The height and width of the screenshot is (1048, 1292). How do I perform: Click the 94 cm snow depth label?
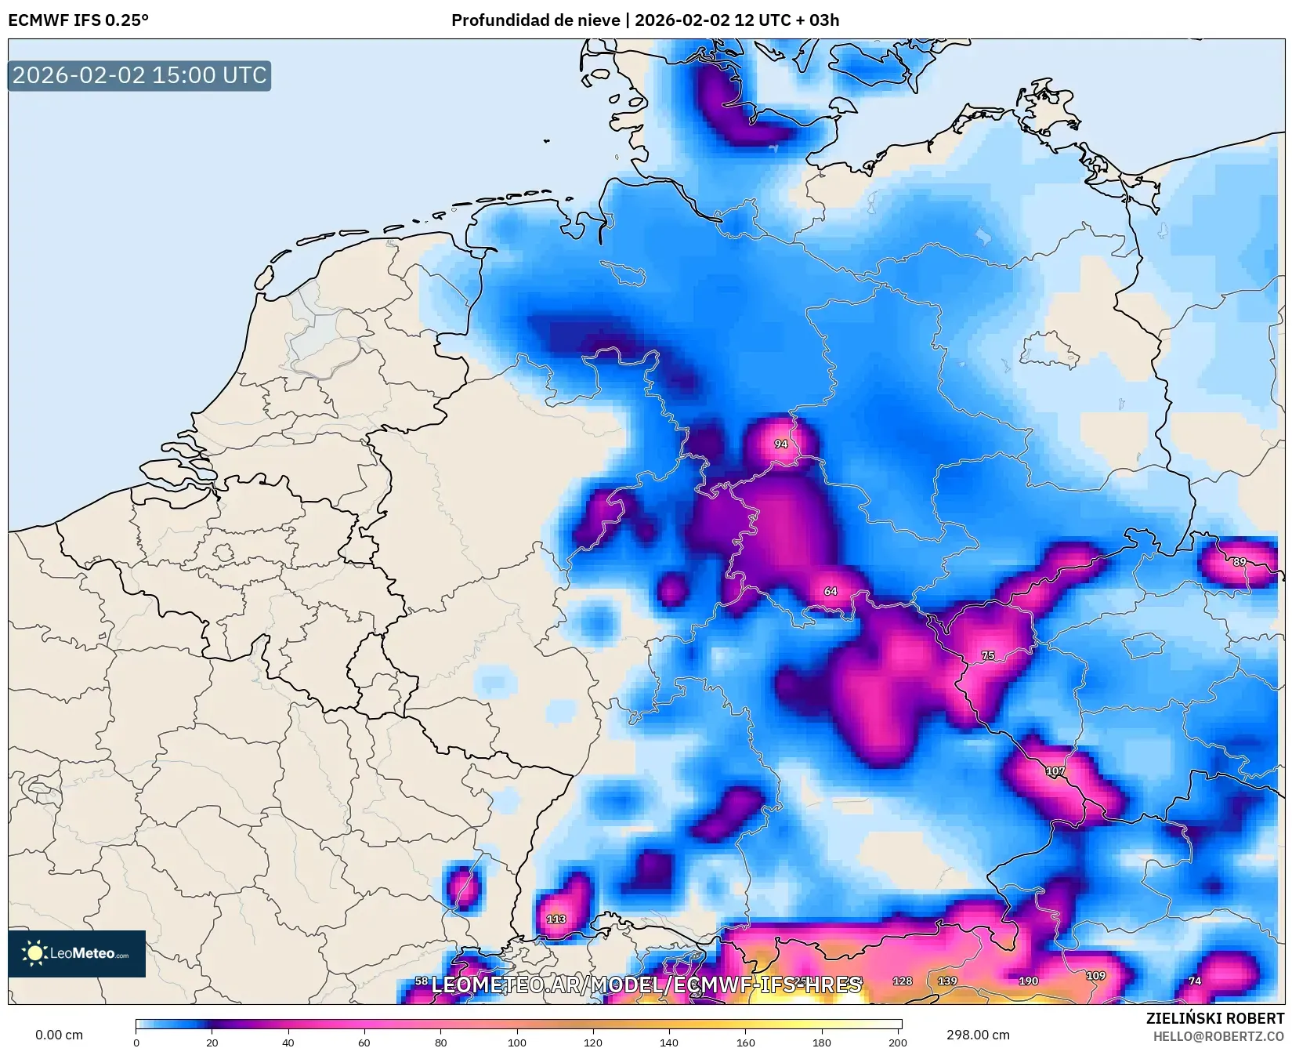coord(780,444)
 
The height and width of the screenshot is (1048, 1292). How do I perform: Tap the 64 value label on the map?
coord(831,591)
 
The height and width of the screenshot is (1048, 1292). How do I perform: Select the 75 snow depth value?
coord(988,655)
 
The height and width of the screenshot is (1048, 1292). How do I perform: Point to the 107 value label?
coord(1055,771)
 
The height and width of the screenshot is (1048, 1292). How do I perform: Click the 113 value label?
coord(556,919)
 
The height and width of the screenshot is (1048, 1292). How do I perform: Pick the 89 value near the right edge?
coord(1239,562)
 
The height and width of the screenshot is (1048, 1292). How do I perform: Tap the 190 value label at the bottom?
coord(1028,981)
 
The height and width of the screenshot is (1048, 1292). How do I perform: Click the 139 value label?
coord(947,981)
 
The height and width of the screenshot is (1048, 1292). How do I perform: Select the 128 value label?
coord(902,981)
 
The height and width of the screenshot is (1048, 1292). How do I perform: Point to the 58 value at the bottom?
coord(422,981)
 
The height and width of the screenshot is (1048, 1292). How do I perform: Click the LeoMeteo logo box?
coord(77,953)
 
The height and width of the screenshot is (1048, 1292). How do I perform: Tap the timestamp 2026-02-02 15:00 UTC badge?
coord(139,75)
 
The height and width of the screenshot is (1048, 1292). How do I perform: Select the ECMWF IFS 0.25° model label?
coord(78,20)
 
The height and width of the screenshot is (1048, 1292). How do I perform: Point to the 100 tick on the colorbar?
coord(517,1042)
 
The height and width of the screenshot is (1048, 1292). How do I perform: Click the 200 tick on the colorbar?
coord(898,1042)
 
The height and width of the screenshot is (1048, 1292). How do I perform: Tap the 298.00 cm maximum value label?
coord(977,1035)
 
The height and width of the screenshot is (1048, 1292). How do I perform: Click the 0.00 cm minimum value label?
coord(59,1035)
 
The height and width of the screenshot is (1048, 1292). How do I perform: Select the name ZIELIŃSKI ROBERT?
coord(1214,1019)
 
